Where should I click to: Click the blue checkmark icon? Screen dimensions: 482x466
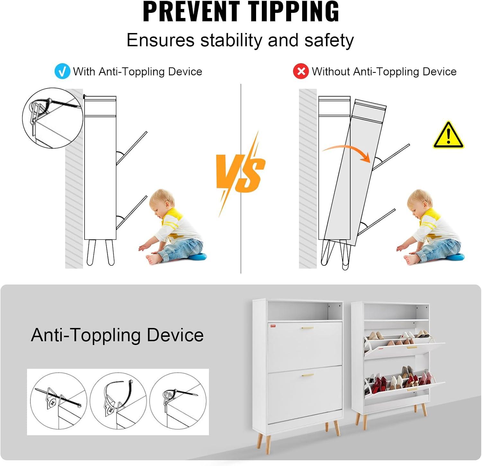pos(62,71)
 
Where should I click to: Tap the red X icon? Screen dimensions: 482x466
pos(301,71)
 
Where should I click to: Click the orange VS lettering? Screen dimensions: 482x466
pos(240,173)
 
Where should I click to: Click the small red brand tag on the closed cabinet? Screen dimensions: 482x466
pos(273,326)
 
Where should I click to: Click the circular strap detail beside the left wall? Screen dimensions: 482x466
pos(53,118)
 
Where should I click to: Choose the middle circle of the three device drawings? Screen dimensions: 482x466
pos(118,401)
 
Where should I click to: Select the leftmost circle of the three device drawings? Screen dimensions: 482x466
pos(59,401)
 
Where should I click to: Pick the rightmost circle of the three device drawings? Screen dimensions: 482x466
pos(178,401)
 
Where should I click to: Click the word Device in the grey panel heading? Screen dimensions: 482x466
pos(175,335)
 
